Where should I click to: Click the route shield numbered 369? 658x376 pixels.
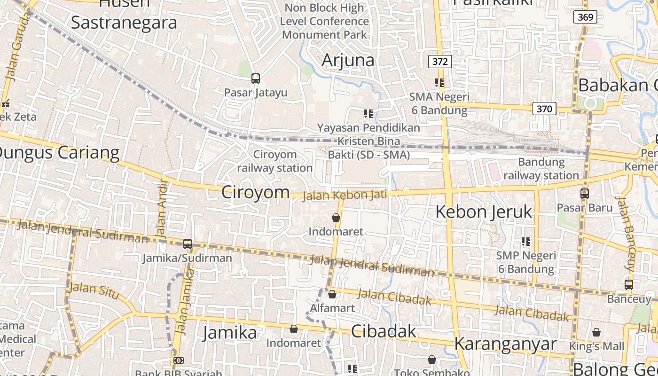point(585,17)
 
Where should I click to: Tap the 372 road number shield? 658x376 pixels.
point(440,61)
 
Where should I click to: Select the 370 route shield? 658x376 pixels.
point(544,109)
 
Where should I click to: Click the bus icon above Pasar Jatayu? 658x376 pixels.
point(256,78)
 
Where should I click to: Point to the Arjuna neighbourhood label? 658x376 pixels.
point(348,60)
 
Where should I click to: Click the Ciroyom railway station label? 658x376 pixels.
point(275,161)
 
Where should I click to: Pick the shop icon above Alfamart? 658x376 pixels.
point(332,294)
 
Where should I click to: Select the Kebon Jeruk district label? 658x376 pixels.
point(484,212)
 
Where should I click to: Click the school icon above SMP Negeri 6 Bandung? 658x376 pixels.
point(526,242)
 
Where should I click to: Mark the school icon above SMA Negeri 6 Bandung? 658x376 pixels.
point(439,83)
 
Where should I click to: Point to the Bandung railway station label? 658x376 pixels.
point(541,169)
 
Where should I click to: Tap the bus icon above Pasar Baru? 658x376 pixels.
point(585,193)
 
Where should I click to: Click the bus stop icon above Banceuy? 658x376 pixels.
point(629,284)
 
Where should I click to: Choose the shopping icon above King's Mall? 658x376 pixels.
point(596,332)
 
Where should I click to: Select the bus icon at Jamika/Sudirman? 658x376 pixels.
point(188,243)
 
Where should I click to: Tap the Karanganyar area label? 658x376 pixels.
point(505,344)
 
